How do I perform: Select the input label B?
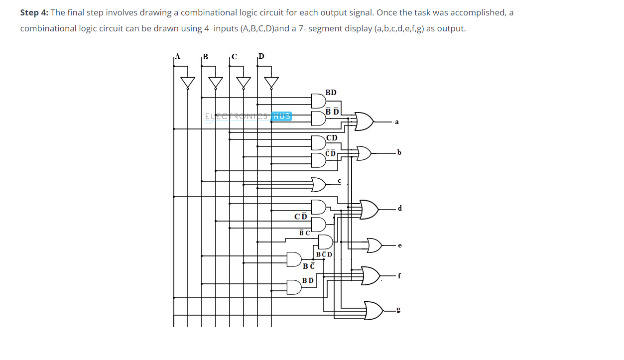pos(204,56)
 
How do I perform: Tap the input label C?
pos(234,56)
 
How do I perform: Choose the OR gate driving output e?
pos(374,245)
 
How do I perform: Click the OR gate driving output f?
pos(371,275)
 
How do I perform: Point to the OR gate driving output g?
pos(374,311)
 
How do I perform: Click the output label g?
pos(398,310)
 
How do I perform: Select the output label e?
pos(399,245)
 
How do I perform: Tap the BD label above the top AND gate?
pos(331,93)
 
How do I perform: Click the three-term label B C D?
pos(324,254)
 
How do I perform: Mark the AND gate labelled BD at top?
pos(318,101)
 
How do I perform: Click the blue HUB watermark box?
pos(282,116)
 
